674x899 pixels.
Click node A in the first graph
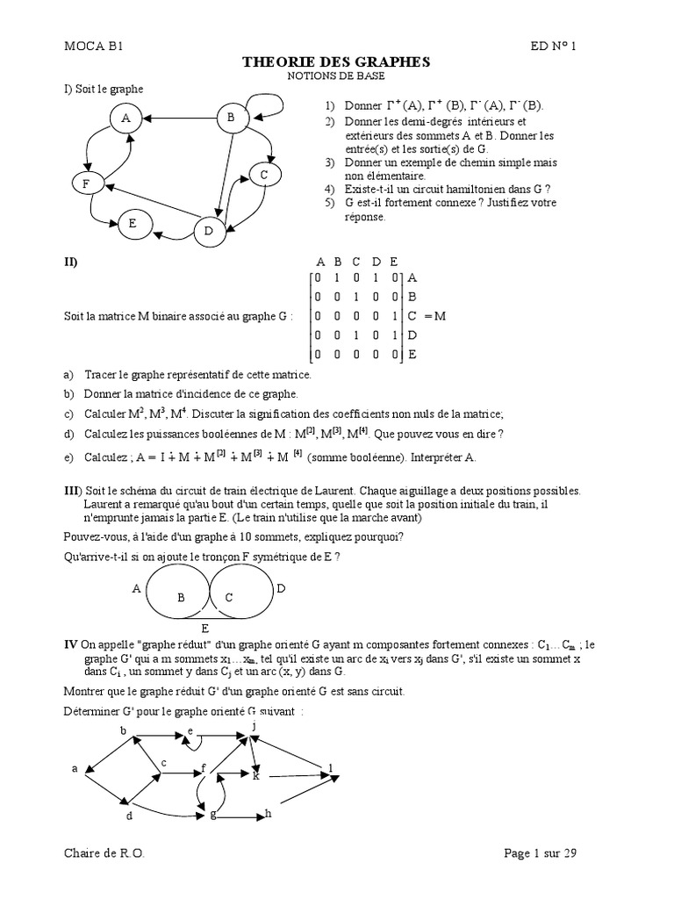tap(126, 118)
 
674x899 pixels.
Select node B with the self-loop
tap(231, 117)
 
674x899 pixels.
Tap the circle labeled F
tap(86, 183)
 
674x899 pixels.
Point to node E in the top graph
tap(133, 224)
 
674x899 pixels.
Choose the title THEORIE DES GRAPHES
tap(336, 61)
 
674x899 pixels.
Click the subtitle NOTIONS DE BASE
tap(336, 76)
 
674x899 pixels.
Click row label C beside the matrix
tap(411, 316)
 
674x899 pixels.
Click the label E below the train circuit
tap(204, 629)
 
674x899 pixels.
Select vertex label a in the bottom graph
tap(75, 768)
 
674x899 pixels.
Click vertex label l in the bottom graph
tap(331, 767)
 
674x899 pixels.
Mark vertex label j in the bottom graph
tap(254, 726)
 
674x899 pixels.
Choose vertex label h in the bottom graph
tap(268, 813)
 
